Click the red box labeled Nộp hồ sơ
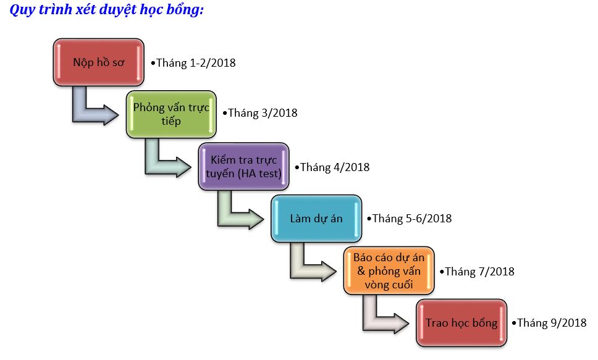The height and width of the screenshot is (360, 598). [98, 62]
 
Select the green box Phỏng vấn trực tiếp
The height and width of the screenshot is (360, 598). [171, 114]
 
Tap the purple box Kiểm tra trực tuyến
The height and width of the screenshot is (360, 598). [243, 167]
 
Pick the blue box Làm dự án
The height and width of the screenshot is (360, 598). [316, 219]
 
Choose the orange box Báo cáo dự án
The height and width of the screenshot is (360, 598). [389, 270]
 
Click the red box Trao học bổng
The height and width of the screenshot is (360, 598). [461, 322]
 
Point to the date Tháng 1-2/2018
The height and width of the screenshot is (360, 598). [193, 63]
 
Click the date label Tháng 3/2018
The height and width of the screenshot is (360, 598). [260, 113]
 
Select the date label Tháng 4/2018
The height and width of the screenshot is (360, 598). [332, 167]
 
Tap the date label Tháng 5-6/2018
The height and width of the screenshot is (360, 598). [409, 219]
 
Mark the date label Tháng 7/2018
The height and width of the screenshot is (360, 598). [477, 272]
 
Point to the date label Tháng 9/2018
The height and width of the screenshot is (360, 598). [549, 323]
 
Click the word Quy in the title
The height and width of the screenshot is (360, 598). [22, 9]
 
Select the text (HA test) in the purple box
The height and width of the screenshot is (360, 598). [259, 174]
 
